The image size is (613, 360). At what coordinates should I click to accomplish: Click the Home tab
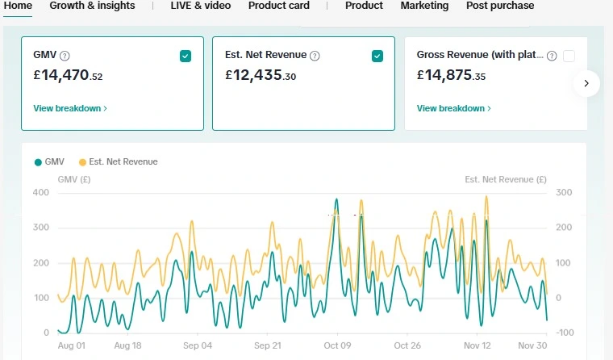18,6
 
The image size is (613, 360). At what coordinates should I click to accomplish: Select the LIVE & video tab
200,6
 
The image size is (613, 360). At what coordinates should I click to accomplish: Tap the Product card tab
278,6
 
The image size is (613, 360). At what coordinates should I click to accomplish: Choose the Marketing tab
424,6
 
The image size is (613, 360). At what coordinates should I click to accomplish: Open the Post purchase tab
500,6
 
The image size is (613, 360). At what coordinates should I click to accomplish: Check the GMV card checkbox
186,56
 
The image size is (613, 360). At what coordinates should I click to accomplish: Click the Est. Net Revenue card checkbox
377,56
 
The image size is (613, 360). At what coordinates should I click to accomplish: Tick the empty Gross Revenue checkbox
569,56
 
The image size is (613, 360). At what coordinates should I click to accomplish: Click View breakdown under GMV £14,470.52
70,108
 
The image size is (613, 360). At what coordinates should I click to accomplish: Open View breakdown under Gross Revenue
453,108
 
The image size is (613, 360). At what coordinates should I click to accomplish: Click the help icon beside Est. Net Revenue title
315,56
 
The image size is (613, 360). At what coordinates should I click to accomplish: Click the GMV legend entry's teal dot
38,162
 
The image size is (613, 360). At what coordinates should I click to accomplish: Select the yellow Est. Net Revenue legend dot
81,162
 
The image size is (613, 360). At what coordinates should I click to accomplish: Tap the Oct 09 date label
336,345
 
